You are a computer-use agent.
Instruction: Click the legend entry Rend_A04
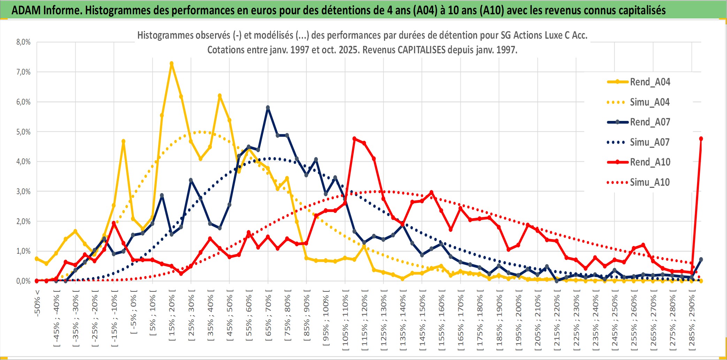pyautogui.click(x=650, y=82)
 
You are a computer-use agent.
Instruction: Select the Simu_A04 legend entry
pyautogui.click(x=650, y=102)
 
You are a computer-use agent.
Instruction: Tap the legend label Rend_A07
pyautogui.click(x=650, y=122)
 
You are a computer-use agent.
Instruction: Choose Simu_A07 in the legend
pyautogui.click(x=650, y=142)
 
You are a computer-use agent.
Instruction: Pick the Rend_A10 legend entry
pyautogui.click(x=650, y=162)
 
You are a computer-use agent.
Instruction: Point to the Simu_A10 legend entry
pyautogui.click(x=650, y=182)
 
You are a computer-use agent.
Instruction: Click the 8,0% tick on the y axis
pyautogui.click(x=23, y=42)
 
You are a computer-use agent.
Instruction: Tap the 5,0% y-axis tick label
pyautogui.click(x=23, y=132)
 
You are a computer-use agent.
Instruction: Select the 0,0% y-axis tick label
pyautogui.click(x=23, y=281)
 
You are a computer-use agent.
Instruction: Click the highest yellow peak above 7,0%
pyautogui.click(x=171, y=64)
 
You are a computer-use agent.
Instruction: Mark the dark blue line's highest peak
pyautogui.click(x=268, y=108)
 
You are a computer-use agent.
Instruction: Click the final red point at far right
pyautogui.click(x=701, y=139)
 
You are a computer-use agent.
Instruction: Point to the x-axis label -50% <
pyautogui.click(x=37, y=303)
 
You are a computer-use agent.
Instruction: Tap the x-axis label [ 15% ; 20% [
pyautogui.click(x=172, y=317)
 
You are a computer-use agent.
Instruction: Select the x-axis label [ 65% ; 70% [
pyautogui.click(x=268, y=317)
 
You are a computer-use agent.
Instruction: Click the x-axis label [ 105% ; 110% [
pyautogui.click(x=345, y=321)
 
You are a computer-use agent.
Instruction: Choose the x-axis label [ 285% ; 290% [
pyautogui.click(x=691, y=321)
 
